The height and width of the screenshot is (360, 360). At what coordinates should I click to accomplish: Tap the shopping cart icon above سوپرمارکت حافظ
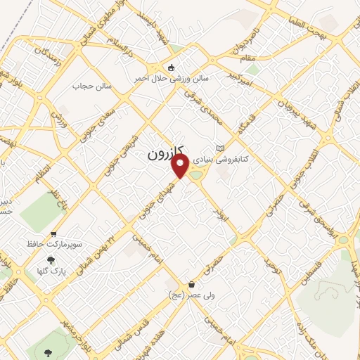point(53,235)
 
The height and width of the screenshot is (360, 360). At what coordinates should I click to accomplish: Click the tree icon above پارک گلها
point(50,259)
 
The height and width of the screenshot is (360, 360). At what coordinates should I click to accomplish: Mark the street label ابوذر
point(219,210)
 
